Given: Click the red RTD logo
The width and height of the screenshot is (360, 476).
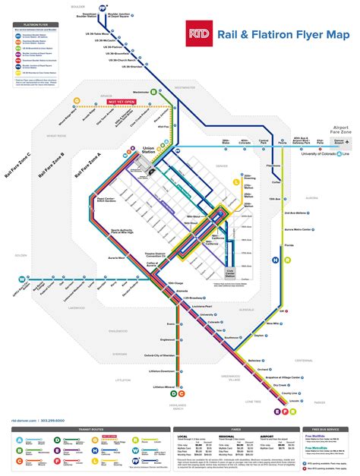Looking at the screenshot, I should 199,33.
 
